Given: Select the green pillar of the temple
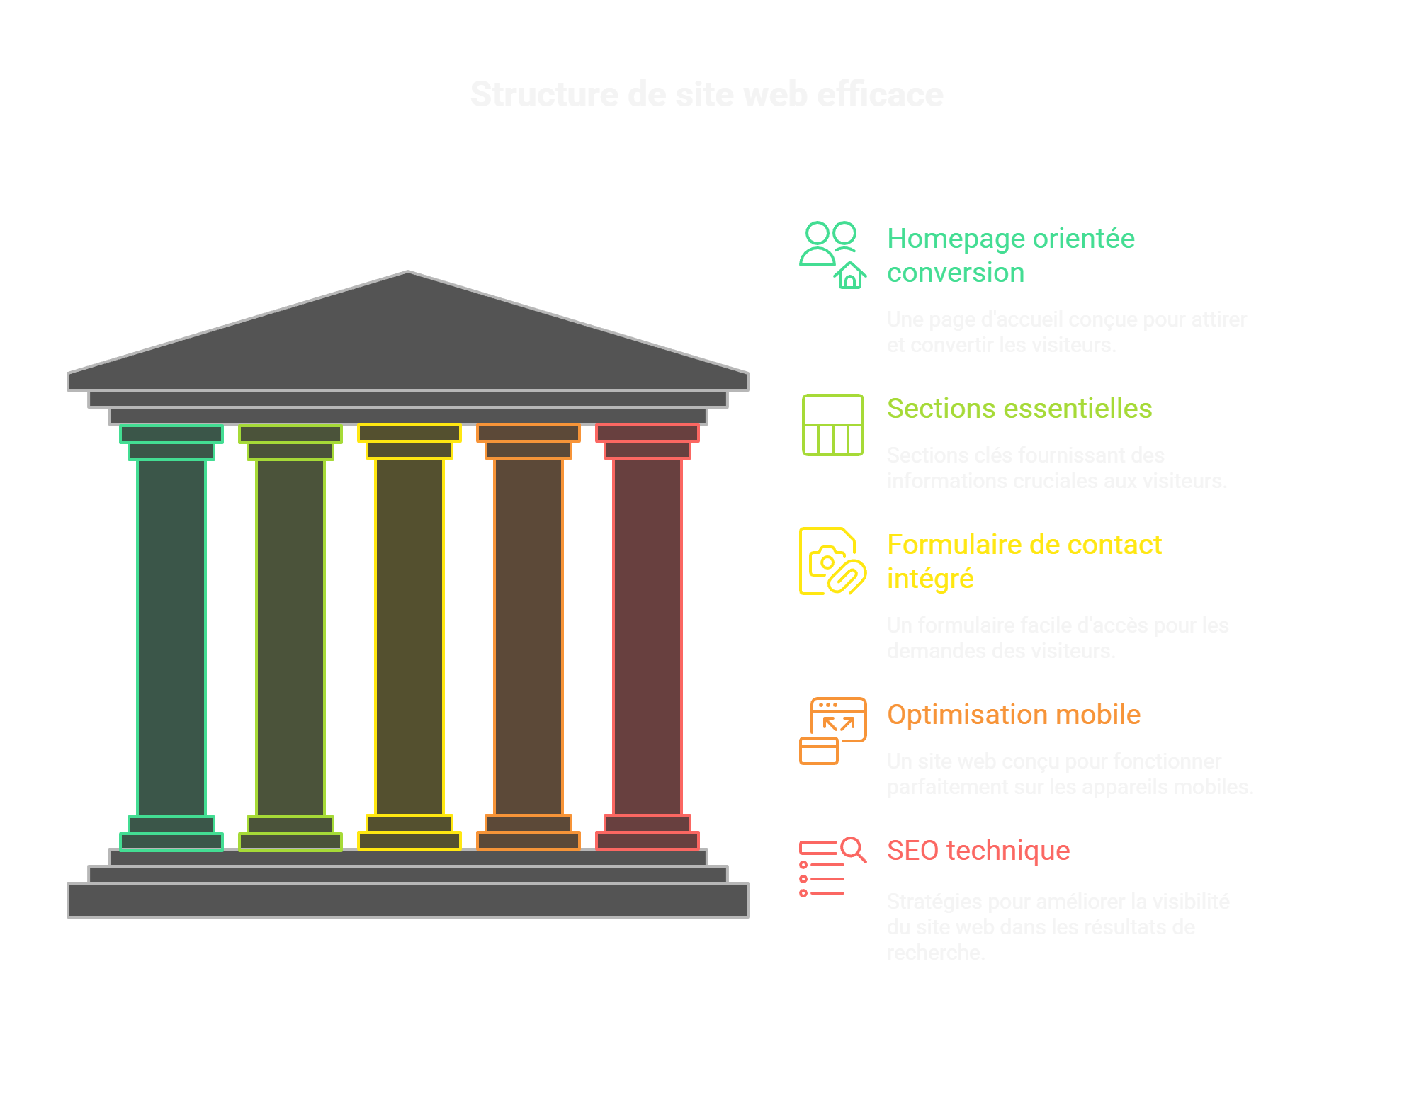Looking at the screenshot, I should click(171, 637).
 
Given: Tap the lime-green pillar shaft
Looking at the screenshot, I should click(290, 637).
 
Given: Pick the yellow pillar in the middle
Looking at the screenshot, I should click(409, 637).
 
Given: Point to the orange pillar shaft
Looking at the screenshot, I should click(528, 637).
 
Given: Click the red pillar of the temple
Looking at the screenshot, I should click(647, 637).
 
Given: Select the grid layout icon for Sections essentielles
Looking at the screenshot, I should click(832, 424).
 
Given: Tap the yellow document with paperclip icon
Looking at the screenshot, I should click(832, 561).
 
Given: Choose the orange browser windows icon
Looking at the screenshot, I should click(832, 731).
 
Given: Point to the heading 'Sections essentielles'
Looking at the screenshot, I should click(1019, 409).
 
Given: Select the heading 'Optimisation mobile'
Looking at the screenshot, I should click(1014, 715).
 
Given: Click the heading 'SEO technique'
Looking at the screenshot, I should click(978, 851).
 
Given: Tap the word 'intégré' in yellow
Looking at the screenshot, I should click(930, 579).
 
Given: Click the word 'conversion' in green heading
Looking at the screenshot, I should click(956, 273).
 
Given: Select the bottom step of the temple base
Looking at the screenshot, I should click(408, 900).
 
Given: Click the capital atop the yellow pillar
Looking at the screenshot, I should click(409, 433).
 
